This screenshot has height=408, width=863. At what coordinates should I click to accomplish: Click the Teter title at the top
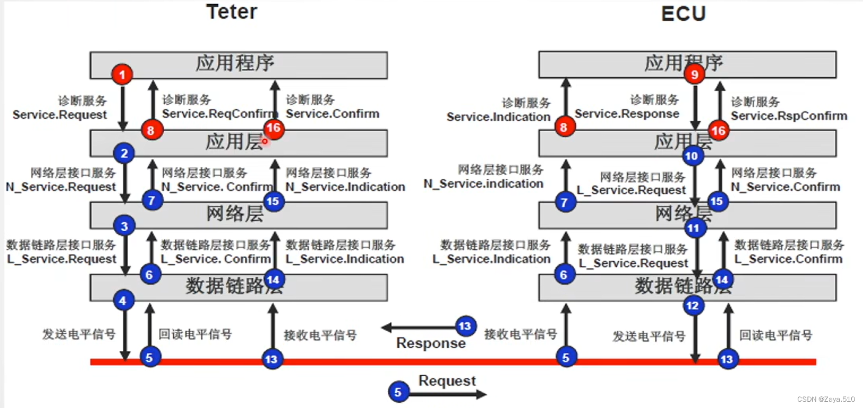coord(232,12)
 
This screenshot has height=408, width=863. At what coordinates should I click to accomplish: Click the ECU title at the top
coord(683,14)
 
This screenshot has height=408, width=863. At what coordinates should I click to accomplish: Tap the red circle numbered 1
coord(122,75)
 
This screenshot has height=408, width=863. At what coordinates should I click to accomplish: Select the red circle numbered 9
coord(694,75)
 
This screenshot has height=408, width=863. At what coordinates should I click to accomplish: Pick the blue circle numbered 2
coord(124,153)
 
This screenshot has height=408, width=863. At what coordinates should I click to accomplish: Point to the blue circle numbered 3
coord(124,226)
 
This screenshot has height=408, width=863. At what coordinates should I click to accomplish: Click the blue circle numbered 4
coord(123,301)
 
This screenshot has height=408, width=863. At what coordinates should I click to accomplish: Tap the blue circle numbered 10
coord(692,156)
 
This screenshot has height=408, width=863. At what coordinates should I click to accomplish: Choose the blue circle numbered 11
coord(693,228)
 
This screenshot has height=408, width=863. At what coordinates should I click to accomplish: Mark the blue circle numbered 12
coord(693,305)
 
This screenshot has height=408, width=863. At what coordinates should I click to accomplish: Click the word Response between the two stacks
coord(431,343)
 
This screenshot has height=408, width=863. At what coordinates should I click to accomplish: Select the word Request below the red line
coord(447,380)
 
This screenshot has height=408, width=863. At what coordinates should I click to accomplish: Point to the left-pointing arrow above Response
coord(419,328)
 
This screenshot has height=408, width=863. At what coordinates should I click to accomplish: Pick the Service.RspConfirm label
coord(789,116)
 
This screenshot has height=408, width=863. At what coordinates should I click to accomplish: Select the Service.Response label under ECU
coord(627,114)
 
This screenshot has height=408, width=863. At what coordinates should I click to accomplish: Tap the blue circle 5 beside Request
coord(398,392)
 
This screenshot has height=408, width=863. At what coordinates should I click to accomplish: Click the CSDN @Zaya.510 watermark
coord(825,400)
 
